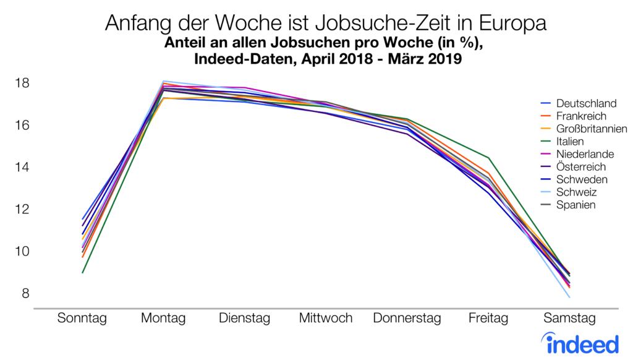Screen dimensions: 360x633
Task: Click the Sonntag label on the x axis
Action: coord(82,319)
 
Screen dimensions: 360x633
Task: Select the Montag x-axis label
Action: coord(163,319)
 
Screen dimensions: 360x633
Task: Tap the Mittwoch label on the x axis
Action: coord(325,319)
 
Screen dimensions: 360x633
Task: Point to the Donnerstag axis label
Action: coord(407,319)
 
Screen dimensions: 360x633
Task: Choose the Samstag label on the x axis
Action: coord(569,319)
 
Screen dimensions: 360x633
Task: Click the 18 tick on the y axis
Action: coord(22,83)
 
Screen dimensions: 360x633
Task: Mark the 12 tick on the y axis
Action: coord(22,209)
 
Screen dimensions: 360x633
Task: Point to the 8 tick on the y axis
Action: coord(25,293)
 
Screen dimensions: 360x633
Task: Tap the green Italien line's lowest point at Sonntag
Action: coord(82,272)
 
